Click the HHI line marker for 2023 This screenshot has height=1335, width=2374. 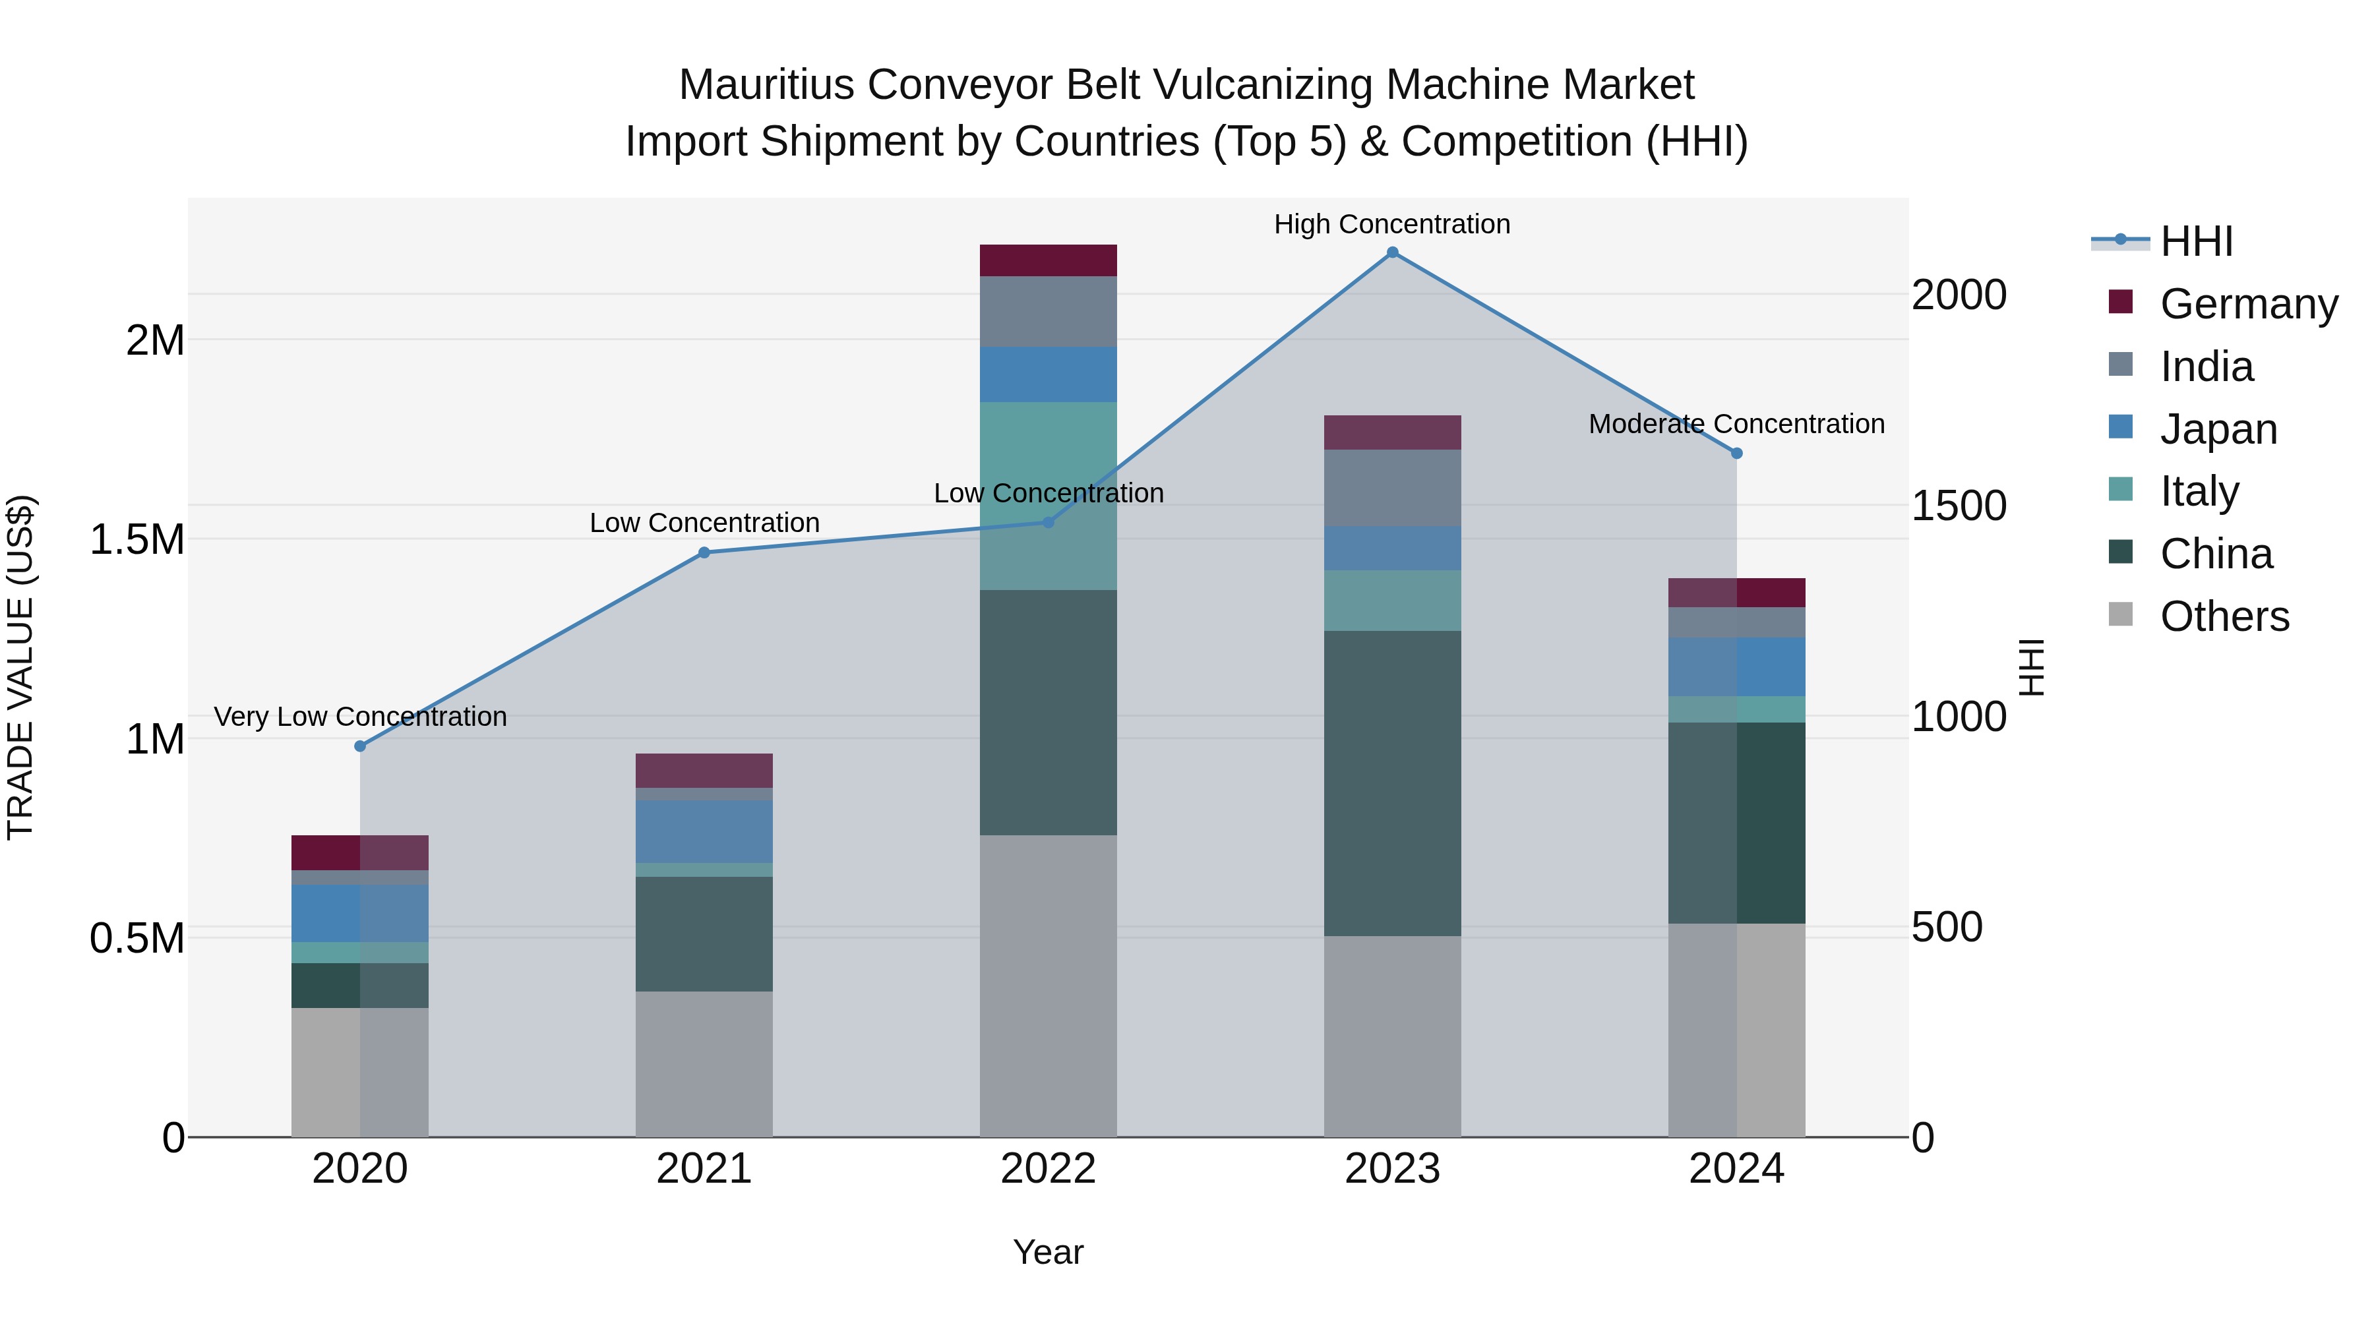1391,252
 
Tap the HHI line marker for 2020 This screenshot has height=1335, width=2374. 360,746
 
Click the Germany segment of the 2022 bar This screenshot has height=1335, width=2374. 1048,260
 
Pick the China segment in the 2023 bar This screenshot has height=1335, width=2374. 1391,783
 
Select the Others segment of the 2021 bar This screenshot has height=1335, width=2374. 704,1064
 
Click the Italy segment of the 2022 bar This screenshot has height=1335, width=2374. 1048,496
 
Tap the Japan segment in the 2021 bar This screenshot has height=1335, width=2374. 704,831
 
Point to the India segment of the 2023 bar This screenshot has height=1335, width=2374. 1391,487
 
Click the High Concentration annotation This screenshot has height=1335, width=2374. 1391,224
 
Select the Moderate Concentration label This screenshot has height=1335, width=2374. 1736,424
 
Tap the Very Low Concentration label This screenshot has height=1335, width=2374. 360,717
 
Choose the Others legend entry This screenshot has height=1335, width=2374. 2223,616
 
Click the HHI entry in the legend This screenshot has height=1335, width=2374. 2195,241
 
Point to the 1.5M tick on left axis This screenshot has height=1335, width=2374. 137,540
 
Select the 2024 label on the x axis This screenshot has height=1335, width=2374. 1736,1169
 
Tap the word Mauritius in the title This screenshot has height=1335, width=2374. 767,85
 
